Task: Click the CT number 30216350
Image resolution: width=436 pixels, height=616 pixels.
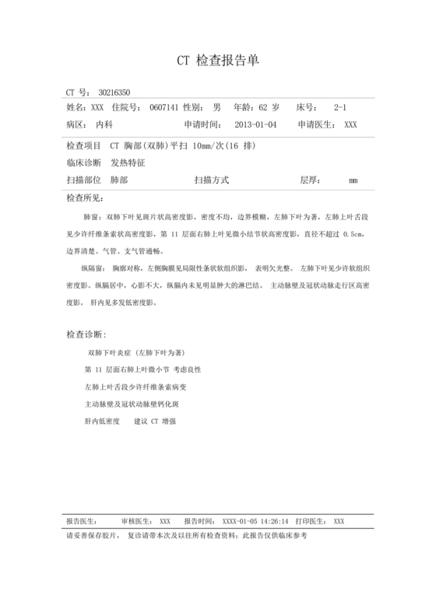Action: [114, 92]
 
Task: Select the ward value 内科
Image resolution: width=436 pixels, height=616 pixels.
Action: [104, 124]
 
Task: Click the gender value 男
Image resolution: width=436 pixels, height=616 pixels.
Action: [216, 107]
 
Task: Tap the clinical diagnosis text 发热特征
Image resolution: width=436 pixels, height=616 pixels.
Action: [128, 163]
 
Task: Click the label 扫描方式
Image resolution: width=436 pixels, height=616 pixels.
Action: [212, 180]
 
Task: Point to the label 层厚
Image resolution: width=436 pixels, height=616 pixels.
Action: [310, 180]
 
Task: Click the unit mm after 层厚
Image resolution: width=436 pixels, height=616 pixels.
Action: [353, 181]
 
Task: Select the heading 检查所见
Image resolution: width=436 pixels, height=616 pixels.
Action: [85, 198]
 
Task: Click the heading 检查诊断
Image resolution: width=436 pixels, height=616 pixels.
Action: [85, 334]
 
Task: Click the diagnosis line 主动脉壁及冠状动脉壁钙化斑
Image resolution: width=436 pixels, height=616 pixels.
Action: [132, 404]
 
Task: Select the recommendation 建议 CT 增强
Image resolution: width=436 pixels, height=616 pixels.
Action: [155, 422]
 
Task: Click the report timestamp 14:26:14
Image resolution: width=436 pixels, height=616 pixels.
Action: [273, 521]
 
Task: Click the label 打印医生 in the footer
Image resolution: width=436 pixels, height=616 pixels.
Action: [313, 521]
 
